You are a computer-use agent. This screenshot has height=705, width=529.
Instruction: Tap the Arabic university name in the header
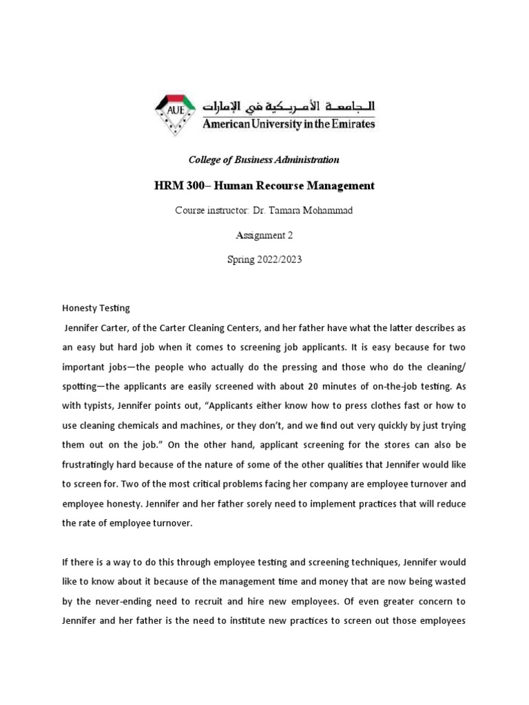(x=289, y=105)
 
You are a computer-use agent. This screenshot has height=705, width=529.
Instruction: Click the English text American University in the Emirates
(x=289, y=125)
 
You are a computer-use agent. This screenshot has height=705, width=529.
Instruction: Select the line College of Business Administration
(x=264, y=160)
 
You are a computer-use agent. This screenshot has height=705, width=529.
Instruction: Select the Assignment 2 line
(x=264, y=235)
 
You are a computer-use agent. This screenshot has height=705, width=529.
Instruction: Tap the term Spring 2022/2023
(x=264, y=260)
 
